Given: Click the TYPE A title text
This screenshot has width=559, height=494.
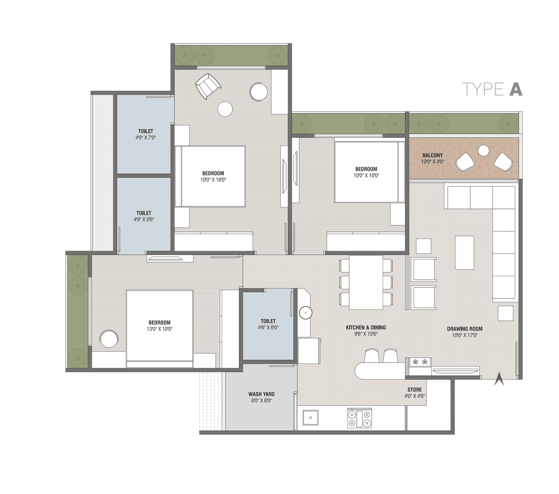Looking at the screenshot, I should point(492,89).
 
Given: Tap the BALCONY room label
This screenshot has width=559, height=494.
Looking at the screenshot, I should point(432,155).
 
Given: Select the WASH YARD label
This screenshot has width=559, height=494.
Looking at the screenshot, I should point(261,394).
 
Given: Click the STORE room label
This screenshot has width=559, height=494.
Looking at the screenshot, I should point(414,390).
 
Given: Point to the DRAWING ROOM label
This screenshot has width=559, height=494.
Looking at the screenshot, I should point(465,329).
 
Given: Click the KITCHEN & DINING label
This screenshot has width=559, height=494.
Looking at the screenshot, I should point(366,327).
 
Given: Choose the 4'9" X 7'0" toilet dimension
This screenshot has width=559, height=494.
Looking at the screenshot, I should point(145,137).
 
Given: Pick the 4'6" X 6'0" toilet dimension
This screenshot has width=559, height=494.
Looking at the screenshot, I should point(268,327).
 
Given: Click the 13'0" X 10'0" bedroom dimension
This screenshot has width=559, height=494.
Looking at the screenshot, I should point(159,329).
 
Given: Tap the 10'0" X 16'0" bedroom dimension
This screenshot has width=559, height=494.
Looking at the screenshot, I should point(213,180).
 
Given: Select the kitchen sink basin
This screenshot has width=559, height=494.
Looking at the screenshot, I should point(311,418).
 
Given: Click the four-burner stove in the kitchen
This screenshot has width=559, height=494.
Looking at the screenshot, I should point(359,418).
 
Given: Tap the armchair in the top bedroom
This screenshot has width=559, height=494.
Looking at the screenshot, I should point(208,86).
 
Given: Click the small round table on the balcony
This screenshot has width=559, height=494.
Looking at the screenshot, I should point(483,151).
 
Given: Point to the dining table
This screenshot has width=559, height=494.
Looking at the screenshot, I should point(366,282).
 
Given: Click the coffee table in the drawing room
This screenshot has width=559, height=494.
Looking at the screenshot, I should point(464,253).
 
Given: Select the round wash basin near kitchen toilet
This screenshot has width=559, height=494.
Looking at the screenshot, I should point(305,312).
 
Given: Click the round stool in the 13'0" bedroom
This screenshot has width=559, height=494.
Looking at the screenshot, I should point(109,339).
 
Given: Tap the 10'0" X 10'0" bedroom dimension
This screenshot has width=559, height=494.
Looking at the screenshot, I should point(366,175).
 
